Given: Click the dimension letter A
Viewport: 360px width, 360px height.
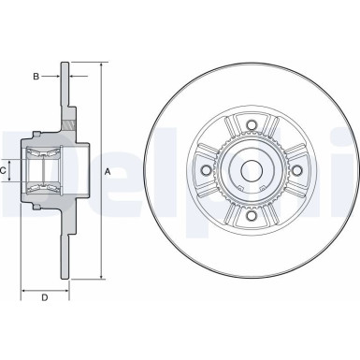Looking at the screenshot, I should [x=108, y=171].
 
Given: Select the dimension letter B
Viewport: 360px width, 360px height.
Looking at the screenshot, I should [x=35, y=76].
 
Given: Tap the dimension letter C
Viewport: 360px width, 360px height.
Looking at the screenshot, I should [x=4, y=171].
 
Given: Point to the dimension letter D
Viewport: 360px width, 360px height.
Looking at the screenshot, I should [x=43, y=298].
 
